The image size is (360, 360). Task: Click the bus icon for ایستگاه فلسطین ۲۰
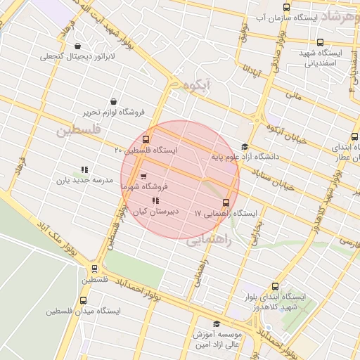pyautogui.click(x=146, y=139)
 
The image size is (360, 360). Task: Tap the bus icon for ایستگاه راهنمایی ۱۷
pyautogui.click(x=226, y=202)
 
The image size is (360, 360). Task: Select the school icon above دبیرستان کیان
pyautogui.click(x=155, y=201)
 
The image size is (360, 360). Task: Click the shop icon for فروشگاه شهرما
pyautogui.click(x=143, y=176)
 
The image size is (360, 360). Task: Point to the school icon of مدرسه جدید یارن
pyautogui.click(x=84, y=169)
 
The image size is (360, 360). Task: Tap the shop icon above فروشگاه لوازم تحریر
pyautogui.click(x=115, y=101)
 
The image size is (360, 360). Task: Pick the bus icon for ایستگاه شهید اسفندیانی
pyautogui.click(x=321, y=43)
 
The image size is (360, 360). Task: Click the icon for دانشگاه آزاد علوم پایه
pyautogui.click(x=245, y=147)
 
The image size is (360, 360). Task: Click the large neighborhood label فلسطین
pyautogui.click(x=79, y=131)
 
